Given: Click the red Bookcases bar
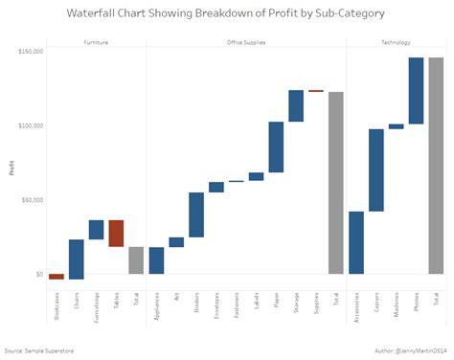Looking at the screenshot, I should pos(57,277).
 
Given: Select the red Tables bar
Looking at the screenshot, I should pos(116,234).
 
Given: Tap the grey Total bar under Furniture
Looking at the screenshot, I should pos(136,260).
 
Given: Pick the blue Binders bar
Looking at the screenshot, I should pos(196,214).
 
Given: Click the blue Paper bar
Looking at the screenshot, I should pos(276,146).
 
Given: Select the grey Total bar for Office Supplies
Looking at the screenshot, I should pos(335,183).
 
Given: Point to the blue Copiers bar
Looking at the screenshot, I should pos(376,169).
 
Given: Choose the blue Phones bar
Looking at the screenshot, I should pos(416,91).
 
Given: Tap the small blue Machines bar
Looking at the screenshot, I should pos(396,126).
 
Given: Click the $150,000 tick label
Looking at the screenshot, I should pos(31,52).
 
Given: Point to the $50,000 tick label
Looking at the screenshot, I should pos(32,200).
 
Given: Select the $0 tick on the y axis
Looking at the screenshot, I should pos(39,275).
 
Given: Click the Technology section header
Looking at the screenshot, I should pos(396,42).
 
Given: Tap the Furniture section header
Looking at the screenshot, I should pos(96,42).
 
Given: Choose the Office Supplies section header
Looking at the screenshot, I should pos(246,42).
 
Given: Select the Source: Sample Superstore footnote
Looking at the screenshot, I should pos(38,350).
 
